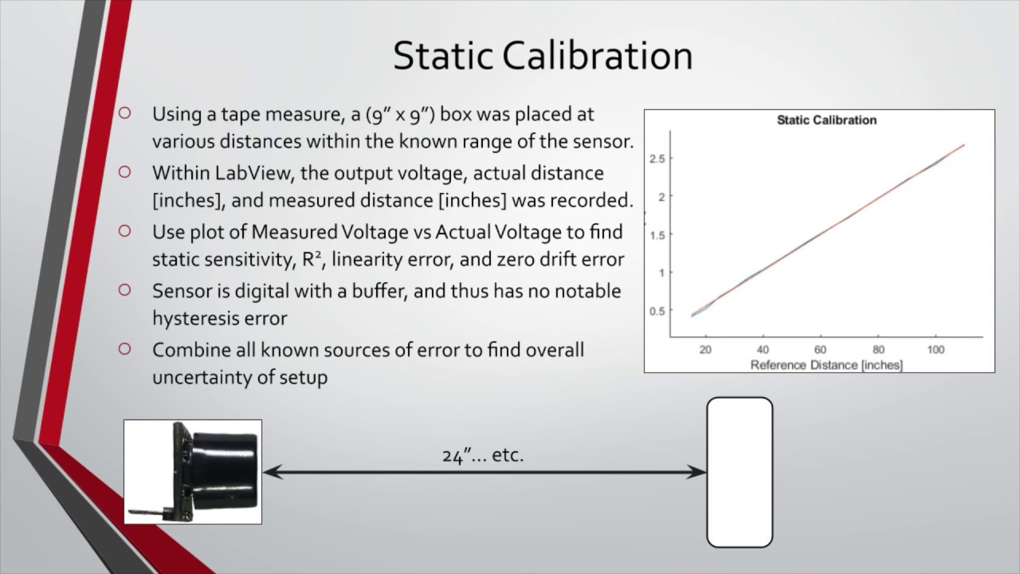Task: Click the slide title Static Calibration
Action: [x=543, y=56]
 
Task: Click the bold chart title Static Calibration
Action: [x=826, y=120]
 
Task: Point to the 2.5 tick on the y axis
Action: [x=657, y=159]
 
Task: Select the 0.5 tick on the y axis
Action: [x=657, y=311]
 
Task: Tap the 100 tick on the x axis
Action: [x=936, y=350]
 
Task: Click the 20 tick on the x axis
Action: [x=705, y=350]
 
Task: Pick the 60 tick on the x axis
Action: [x=820, y=350]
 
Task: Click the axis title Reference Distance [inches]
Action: [x=826, y=364]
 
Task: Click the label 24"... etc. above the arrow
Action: [x=483, y=455]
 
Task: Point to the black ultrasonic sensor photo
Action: [x=193, y=471]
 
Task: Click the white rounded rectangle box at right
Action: [x=739, y=472]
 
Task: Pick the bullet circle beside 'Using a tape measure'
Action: [x=124, y=114]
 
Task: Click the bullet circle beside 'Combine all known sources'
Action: [x=124, y=349]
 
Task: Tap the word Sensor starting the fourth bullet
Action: [x=180, y=291]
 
